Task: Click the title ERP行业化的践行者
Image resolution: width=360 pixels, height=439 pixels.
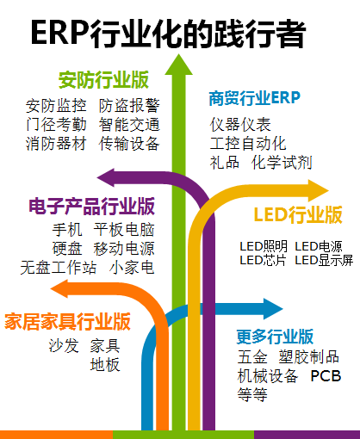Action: click(x=168, y=34)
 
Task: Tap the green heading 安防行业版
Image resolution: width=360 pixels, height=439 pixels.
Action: click(x=103, y=80)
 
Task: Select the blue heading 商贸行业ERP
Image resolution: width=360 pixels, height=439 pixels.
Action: click(x=255, y=98)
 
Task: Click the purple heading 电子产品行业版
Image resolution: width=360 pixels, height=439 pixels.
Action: click(x=91, y=207)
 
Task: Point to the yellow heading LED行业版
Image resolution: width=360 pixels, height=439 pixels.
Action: click(x=298, y=214)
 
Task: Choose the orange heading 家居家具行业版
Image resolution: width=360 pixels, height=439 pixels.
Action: click(x=68, y=321)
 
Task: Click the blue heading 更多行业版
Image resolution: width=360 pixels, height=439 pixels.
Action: click(x=275, y=337)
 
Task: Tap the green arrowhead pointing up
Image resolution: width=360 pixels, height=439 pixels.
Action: click(x=178, y=65)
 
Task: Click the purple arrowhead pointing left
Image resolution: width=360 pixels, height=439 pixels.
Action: click(x=106, y=177)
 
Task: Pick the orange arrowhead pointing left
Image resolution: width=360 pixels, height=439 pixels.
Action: click(x=59, y=289)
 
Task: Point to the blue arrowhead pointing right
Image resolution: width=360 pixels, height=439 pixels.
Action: click(x=273, y=309)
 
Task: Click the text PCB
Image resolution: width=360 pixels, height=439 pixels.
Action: click(x=326, y=376)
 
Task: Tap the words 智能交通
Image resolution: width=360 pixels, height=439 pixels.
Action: click(x=129, y=125)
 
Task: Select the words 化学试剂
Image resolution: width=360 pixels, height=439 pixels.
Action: click(x=282, y=163)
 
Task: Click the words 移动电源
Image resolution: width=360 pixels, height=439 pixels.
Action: click(x=124, y=249)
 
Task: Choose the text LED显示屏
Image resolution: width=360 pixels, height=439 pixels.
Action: click(x=324, y=260)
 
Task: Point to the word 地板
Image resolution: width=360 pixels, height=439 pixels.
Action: click(x=105, y=365)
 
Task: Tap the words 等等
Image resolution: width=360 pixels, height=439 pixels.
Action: click(x=252, y=395)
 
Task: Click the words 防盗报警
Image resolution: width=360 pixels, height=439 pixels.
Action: click(x=129, y=106)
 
